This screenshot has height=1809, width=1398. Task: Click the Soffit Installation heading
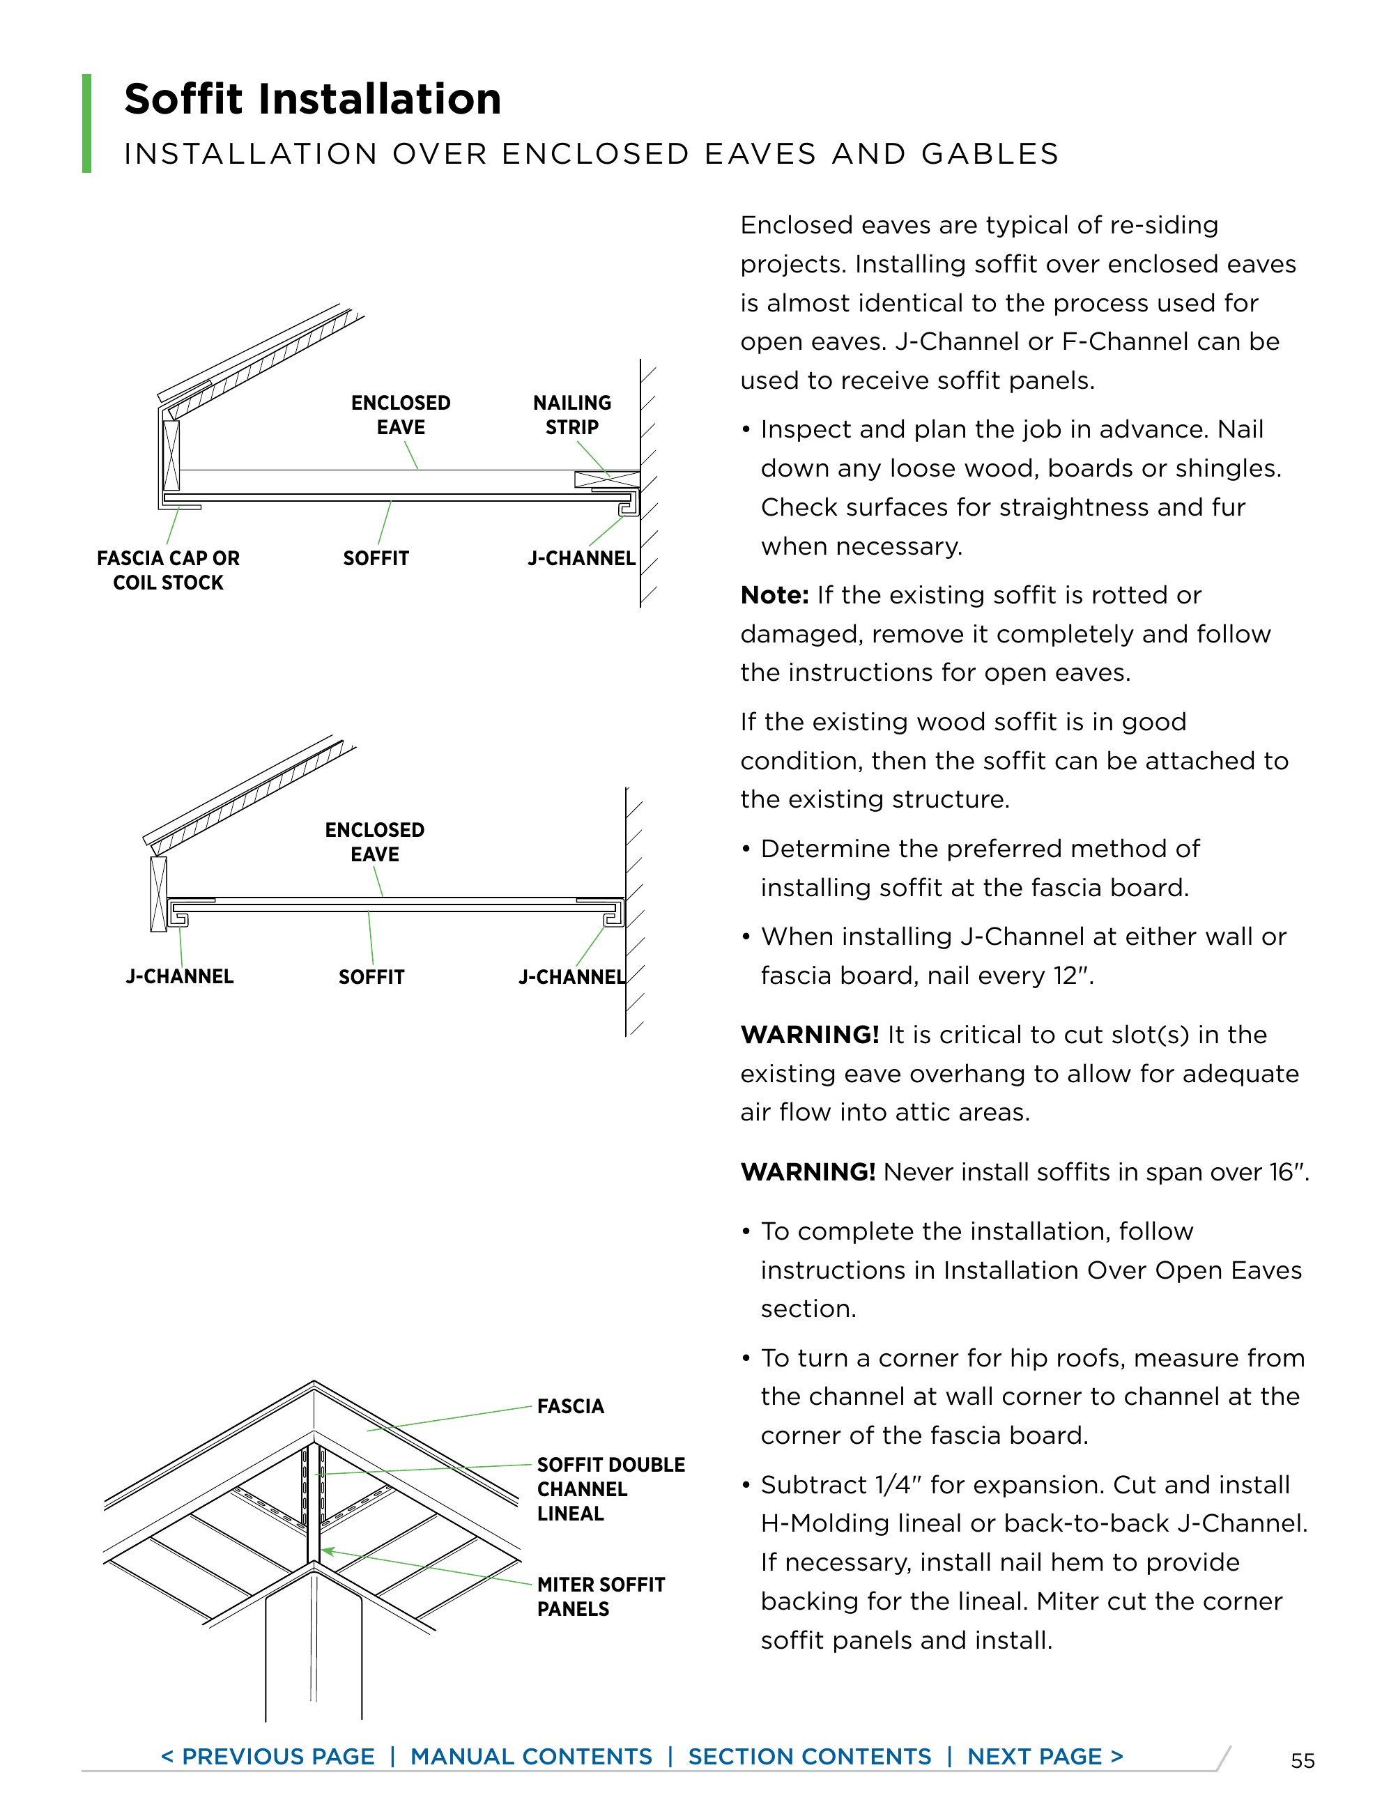click(312, 100)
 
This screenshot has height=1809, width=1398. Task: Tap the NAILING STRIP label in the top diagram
click(571, 415)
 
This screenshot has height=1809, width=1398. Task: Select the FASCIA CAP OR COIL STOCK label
click(168, 570)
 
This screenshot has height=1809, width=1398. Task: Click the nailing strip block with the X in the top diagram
click(606, 479)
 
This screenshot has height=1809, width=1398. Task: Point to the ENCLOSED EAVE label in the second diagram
click(374, 842)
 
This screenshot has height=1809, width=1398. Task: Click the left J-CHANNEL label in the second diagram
click(180, 976)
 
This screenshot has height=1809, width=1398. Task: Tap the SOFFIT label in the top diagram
click(376, 558)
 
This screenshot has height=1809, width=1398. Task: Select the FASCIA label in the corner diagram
click(571, 1406)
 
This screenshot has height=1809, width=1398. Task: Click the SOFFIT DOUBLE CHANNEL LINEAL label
click(610, 1488)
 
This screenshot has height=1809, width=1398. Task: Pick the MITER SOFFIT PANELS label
click(601, 1596)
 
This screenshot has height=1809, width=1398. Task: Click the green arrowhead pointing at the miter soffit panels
click(326, 1550)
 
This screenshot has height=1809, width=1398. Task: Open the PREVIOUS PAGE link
click(268, 1757)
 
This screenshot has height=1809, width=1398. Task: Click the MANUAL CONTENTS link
click(531, 1757)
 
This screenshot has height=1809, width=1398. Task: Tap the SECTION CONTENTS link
click(809, 1757)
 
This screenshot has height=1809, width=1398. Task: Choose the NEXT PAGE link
click(1045, 1757)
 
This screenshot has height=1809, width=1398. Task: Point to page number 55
click(1302, 1761)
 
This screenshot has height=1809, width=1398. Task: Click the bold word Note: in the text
click(774, 594)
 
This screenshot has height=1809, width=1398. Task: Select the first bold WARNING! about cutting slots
click(809, 1035)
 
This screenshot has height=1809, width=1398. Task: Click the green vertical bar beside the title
click(87, 123)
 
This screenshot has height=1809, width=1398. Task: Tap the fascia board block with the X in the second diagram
click(158, 895)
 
